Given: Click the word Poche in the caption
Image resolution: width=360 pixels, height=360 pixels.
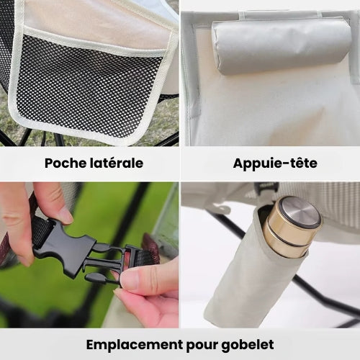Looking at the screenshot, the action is pos(66,163).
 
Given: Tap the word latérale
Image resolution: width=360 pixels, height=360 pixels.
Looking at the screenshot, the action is pos(117,163).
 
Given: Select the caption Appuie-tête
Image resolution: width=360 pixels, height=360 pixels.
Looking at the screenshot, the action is pos(275,163).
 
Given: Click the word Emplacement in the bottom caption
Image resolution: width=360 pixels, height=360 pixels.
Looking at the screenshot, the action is pos(135,345).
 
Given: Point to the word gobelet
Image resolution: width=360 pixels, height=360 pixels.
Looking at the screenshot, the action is pos(248,346).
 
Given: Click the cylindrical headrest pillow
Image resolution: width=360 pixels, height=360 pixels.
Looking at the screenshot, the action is pos(281,45).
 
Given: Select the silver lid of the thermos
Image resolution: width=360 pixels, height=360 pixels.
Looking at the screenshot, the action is pos(300,212).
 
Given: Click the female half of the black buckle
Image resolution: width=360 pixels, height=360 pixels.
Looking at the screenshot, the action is pos(65,247).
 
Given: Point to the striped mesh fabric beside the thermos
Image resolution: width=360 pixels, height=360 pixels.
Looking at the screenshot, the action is pos(336,204).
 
